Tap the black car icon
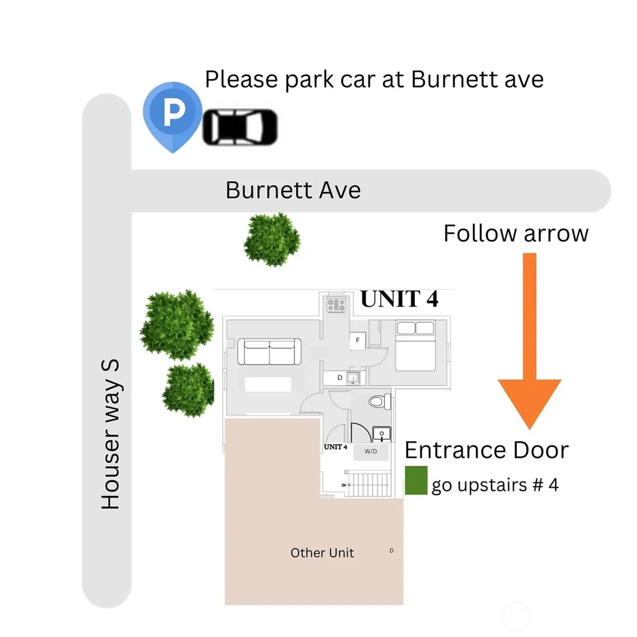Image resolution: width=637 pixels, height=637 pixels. pyautogui.click(x=240, y=127)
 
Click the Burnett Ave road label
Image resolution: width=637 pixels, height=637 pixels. pyautogui.click(x=293, y=190)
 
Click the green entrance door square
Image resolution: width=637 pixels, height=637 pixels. pyautogui.click(x=416, y=480)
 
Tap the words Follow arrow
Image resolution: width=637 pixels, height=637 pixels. pyautogui.click(x=516, y=234)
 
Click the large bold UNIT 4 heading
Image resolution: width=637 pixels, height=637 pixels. pyautogui.click(x=399, y=299)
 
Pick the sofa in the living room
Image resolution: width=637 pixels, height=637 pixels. pyautogui.click(x=269, y=352)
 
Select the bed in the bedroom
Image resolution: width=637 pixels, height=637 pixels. pyautogui.click(x=415, y=345)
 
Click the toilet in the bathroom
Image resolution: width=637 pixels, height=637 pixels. pyautogui.click(x=380, y=402)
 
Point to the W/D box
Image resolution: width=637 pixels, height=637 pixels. pyautogui.click(x=371, y=452)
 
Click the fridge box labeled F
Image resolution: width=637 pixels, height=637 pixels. pyautogui.click(x=358, y=340)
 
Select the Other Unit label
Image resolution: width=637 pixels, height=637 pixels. pyautogui.click(x=322, y=553)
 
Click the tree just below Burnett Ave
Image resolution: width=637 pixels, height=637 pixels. pyautogui.click(x=272, y=239)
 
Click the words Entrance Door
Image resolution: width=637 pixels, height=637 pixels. pyautogui.click(x=486, y=450)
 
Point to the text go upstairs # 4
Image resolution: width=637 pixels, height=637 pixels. pyautogui.click(x=495, y=485)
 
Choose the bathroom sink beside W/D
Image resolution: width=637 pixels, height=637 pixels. pyautogui.click(x=381, y=434)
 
